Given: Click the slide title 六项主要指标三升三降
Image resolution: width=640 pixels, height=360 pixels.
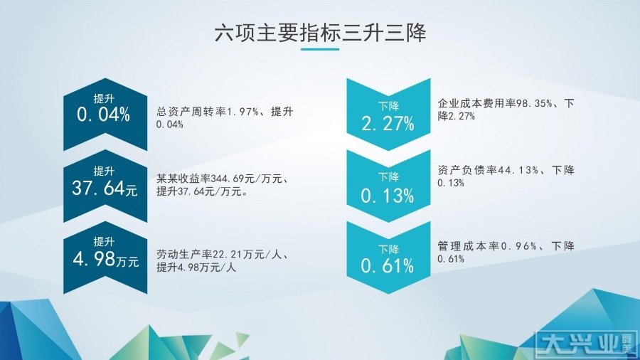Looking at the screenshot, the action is (x=320, y=33).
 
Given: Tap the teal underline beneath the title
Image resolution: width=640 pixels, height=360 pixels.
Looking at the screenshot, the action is (x=320, y=49).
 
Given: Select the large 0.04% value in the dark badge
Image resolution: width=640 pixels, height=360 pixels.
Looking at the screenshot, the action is (x=103, y=115).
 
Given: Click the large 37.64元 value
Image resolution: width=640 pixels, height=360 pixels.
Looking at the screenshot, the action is (x=105, y=188).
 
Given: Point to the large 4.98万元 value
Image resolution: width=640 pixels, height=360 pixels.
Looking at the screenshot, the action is (x=106, y=259).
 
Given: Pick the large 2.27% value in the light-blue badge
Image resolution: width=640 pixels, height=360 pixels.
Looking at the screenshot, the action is (x=388, y=123).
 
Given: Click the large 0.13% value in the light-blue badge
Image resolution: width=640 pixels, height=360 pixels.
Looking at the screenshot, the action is (x=388, y=196).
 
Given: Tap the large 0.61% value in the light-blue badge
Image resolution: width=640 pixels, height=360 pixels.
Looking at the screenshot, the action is (x=388, y=266).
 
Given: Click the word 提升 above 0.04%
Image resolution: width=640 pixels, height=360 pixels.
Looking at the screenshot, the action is (x=104, y=98).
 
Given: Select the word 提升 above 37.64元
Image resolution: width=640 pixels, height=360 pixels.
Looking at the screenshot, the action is (x=104, y=171).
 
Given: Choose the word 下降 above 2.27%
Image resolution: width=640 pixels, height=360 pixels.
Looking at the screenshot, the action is (x=388, y=106).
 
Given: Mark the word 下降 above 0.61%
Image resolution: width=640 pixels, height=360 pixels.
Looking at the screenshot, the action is (x=388, y=249).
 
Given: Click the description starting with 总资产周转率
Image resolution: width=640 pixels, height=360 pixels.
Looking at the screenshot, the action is (x=225, y=118).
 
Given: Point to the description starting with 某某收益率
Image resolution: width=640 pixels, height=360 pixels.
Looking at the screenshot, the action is (x=223, y=185).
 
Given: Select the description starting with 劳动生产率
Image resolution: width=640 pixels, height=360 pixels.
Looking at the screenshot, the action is (x=223, y=261).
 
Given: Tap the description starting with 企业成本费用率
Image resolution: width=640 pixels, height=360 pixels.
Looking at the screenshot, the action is (x=506, y=110).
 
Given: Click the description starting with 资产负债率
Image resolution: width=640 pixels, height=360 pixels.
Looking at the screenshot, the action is (x=506, y=176).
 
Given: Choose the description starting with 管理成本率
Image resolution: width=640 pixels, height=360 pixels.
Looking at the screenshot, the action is (x=506, y=252).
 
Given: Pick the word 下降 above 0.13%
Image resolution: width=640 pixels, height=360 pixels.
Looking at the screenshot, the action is (x=388, y=177).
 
